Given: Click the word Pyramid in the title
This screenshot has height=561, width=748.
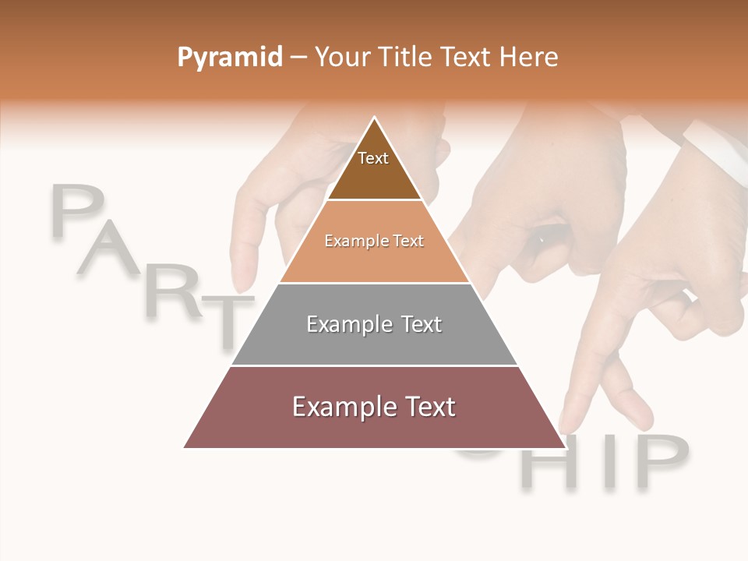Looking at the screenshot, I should click(229, 57).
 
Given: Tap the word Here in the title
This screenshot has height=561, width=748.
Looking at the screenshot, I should click(529, 57).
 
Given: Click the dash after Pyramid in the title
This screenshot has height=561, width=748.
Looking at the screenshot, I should click(298, 58).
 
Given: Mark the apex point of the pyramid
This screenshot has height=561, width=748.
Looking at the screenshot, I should click(375, 118).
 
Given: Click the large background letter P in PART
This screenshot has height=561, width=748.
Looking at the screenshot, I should click(78, 210).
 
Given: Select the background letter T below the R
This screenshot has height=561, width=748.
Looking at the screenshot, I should click(228, 319).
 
